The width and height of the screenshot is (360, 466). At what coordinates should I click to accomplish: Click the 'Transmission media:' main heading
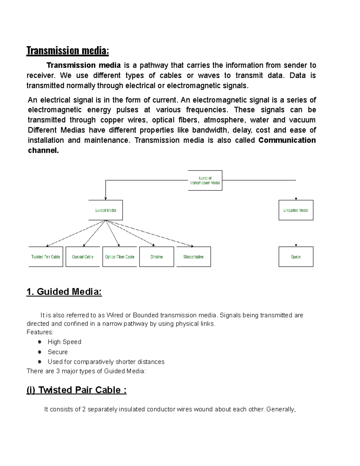67,51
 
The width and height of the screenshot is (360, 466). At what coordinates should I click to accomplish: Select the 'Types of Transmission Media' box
205,180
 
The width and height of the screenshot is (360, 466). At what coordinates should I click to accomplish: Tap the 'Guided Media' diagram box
105,210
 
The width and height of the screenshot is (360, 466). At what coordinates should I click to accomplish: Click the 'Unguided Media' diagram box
296,210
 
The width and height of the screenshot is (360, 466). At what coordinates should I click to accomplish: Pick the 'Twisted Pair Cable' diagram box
46,257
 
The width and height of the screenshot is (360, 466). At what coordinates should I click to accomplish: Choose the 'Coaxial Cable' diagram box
82,257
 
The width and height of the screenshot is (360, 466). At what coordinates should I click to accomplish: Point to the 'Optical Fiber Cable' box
119,257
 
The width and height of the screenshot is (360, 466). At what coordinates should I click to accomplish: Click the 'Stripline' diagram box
157,257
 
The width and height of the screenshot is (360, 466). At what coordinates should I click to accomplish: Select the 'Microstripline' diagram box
193,257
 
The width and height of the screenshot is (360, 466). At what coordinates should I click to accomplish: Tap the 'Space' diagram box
296,257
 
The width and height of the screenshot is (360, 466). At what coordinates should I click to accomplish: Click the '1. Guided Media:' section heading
64,292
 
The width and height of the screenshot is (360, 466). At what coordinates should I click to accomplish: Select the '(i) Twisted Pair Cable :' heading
76,390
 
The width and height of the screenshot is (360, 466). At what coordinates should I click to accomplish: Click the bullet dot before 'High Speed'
40,342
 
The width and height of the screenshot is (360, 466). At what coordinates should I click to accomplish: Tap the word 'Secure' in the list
58,352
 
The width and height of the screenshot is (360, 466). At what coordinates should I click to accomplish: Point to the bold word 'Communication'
287,140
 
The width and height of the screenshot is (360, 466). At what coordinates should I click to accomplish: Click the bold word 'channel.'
43,151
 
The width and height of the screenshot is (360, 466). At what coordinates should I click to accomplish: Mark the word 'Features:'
40,332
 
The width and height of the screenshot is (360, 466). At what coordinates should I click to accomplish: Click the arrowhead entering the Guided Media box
105,198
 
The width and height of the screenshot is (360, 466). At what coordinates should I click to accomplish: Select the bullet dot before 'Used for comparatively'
40,362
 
